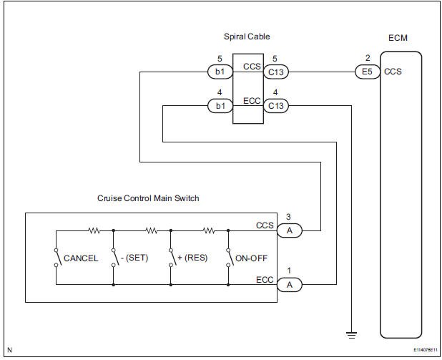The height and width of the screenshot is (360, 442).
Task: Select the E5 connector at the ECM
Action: [365, 72]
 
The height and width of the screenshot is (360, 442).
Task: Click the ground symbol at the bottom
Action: [352, 333]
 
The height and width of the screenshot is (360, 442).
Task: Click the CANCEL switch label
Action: [81, 258]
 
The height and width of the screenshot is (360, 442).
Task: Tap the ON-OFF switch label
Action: [247, 258]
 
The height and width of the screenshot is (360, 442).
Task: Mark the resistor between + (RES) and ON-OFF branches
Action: [208, 230]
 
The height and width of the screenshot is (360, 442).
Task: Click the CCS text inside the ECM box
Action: [393, 72]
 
